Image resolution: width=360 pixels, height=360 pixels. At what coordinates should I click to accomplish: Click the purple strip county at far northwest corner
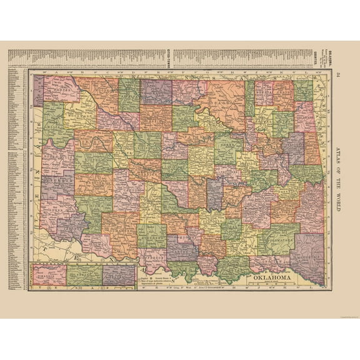39,91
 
